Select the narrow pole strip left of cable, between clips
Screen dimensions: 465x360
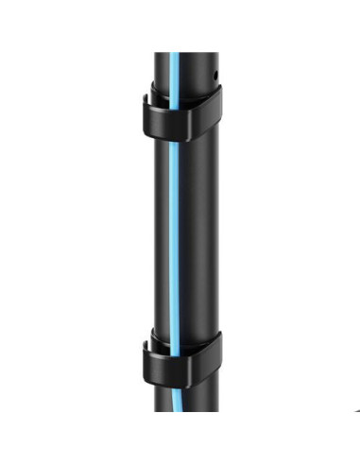[164, 236]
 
